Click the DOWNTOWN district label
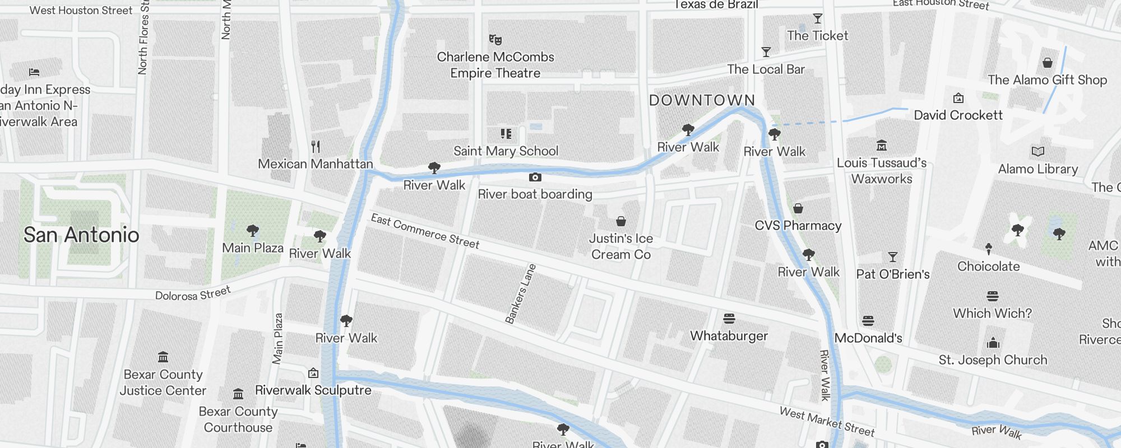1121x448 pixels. [x=702, y=101]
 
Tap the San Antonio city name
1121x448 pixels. [x=81, y=235]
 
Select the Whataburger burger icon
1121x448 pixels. [x=729, y=319]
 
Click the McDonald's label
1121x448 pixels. [x=868, y=338]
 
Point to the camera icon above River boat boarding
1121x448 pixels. [x=535, y=178]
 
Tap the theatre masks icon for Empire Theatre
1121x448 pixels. [x=495, y=39]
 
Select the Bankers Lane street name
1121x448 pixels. [x=521, y=294]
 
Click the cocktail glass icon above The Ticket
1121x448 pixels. [x=818, y=19]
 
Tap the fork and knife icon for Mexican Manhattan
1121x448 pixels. [x=316, y=147]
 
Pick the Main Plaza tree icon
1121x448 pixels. [x=253, y=231]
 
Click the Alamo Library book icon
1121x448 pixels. [x=1037, y=152]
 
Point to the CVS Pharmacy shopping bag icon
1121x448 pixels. [x=798, y=209]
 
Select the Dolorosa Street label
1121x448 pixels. [x=193, y=293]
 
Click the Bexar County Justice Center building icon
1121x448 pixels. [x=163, y=357]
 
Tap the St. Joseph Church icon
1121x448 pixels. [x=993, y=343]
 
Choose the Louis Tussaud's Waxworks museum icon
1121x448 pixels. [x=881, y=146]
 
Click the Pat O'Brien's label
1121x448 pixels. [x=892, y=274]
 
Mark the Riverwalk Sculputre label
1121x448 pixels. [x=313, y=390]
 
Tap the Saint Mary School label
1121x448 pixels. [x=506, y=151]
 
